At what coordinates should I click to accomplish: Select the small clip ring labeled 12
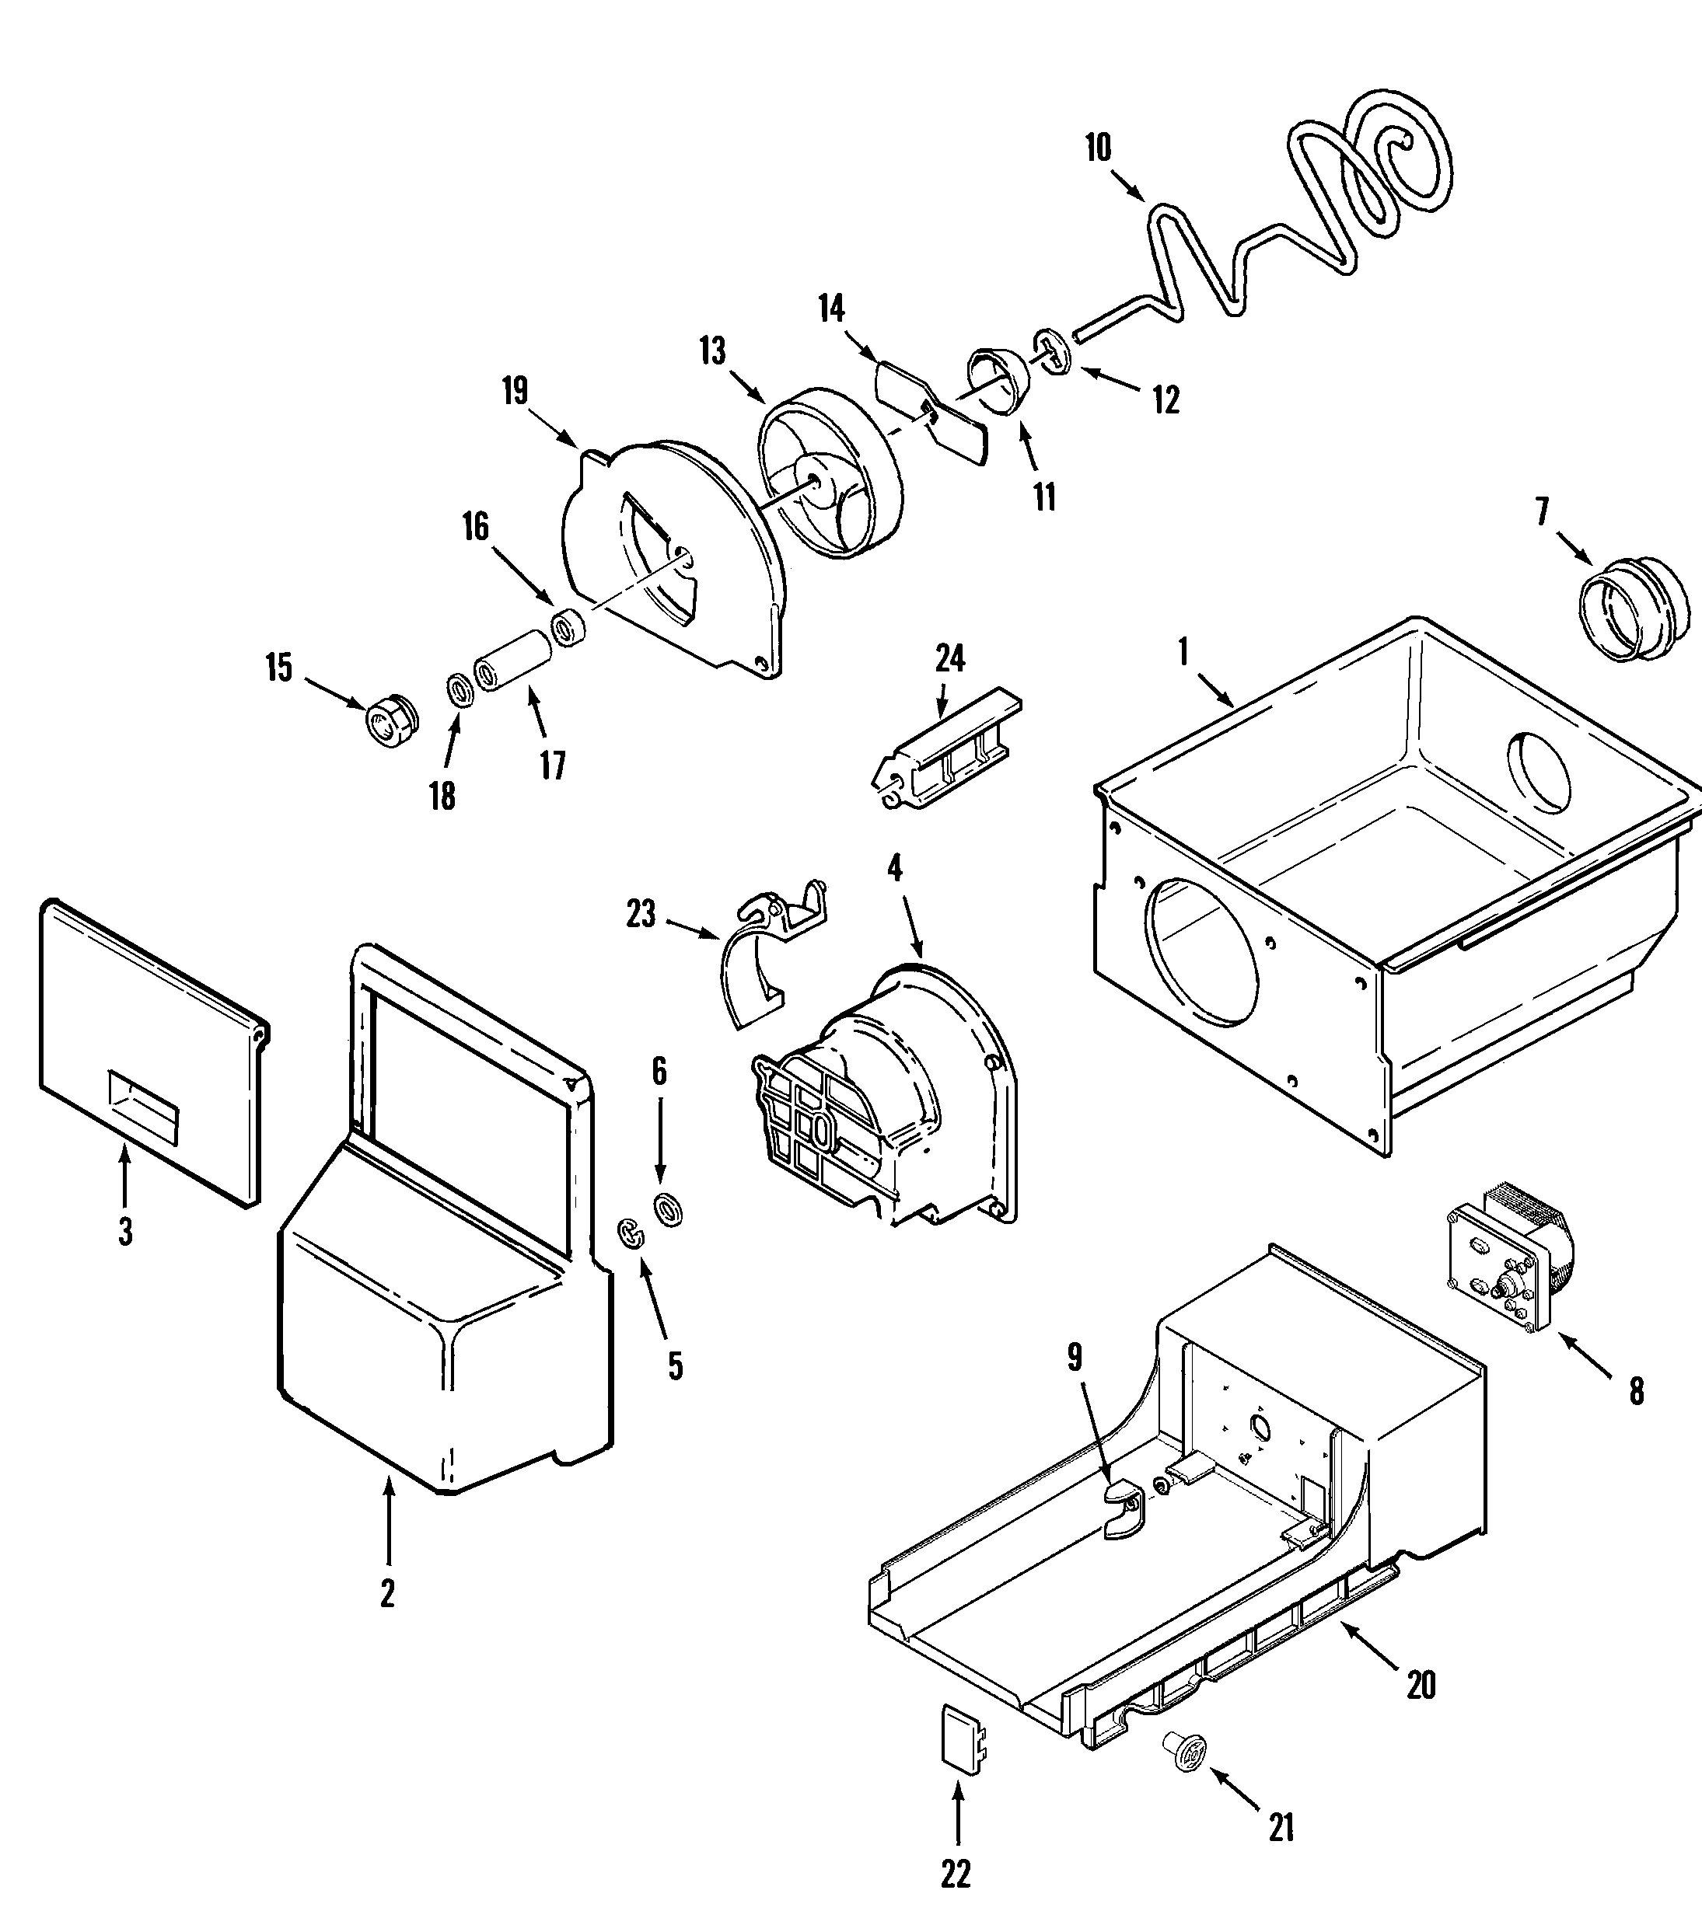pos(1054,353)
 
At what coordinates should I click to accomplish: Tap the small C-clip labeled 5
pos(633,1234)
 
